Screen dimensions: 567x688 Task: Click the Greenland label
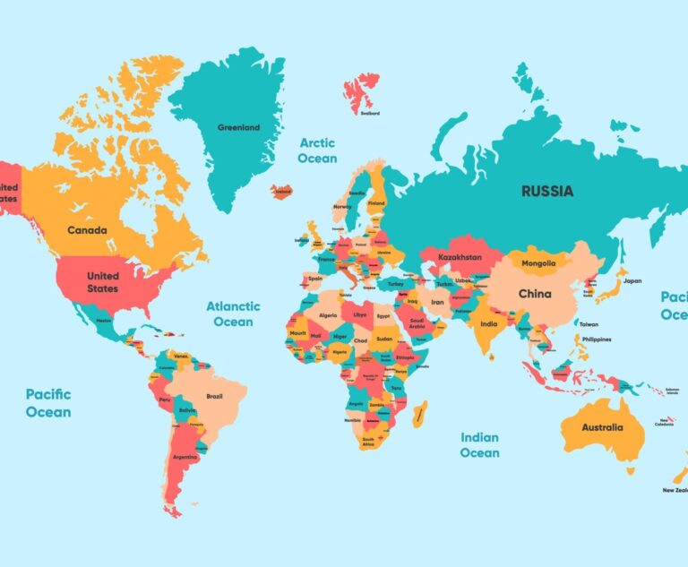point(238,127)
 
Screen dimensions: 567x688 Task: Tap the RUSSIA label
point(547,191)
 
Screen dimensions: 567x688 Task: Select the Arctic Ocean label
point(318,150)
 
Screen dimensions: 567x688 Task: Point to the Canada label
point(87,230)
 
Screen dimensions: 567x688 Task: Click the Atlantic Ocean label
point(233,314)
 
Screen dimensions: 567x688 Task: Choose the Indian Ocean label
point(479,445)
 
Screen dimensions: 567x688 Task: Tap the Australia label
point(602,427)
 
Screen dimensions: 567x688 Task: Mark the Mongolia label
point(539,263)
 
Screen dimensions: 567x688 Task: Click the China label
point(535,294)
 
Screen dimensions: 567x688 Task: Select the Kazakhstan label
point(460,258)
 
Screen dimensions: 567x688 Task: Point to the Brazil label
point(214,396)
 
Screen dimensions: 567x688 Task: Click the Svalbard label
point(369,113)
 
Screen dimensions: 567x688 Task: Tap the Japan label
point(632,280)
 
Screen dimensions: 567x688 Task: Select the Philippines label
point(597,339)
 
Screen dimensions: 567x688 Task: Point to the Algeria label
point(329,315)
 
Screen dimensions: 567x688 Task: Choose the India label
point(488,324)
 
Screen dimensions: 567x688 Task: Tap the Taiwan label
point(589,324)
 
